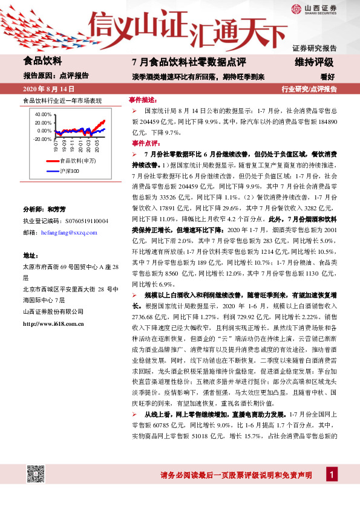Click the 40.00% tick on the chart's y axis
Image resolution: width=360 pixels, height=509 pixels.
[x=43, y=114]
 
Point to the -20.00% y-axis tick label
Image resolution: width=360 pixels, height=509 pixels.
[x=42, y=139]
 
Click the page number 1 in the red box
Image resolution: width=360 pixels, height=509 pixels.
[x=331, y=475]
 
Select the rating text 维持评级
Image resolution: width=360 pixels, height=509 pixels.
[x=315, y=62]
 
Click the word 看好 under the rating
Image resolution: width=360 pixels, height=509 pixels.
[x=327, y=77]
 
